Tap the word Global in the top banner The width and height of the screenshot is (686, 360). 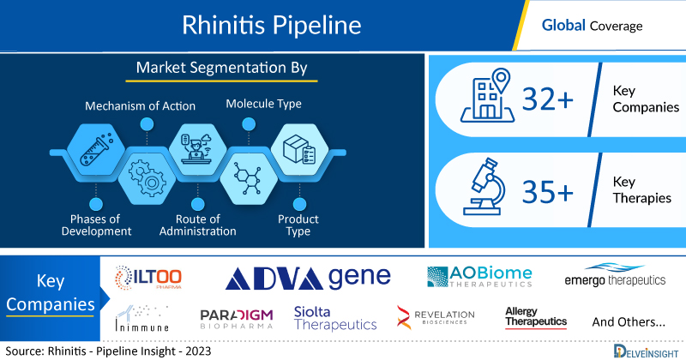pos(563,25)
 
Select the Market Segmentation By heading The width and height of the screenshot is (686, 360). pos(222,68)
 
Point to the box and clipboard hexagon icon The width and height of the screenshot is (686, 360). pos(296,151)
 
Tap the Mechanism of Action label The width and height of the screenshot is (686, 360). pos(140,106)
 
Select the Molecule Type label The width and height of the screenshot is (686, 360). pos(263,104)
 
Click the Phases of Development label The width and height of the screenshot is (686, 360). pos(95,225)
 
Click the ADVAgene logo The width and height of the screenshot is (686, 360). pos(308,277)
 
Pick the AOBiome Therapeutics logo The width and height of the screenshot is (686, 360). pos(479,277)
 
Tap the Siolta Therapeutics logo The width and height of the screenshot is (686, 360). pos(334,318)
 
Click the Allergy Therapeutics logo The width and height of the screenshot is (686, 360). pos(536,316)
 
